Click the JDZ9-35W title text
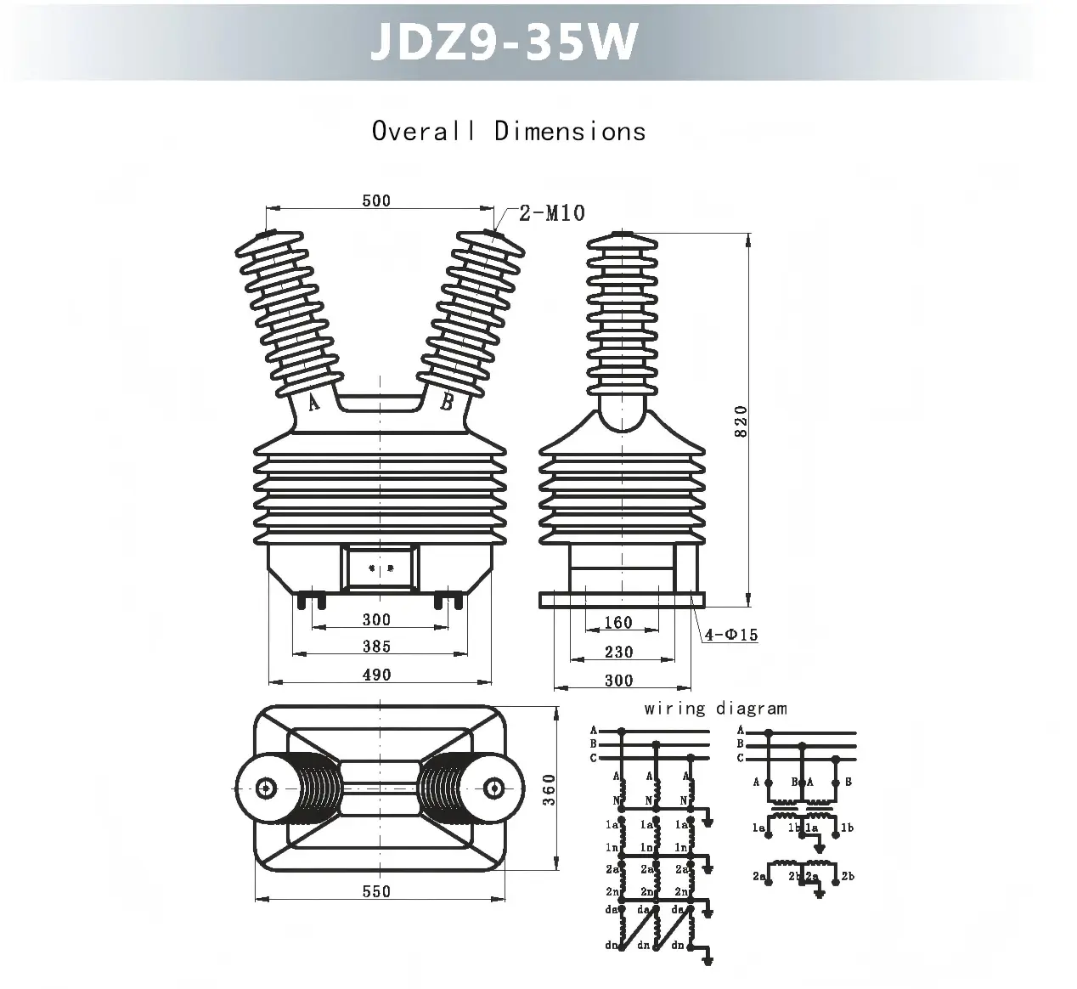[x=503, y=42]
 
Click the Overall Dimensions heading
[x=508, y=132]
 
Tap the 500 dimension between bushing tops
[x=376, y=201]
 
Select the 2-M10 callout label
[x=552, y=212]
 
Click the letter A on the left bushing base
[x=313, y=403]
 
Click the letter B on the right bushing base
[x=447, y=403]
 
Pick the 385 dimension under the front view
[x=376, y=647]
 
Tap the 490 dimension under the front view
[x=376, y=675]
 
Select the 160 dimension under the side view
[x=618, y=623]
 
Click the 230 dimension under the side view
[x=618, y=652]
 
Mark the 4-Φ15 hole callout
[x=731, y=635]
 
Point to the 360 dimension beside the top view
[x=549, y=790]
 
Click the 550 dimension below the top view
[x=376, y=891]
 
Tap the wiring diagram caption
[x=715, y=709]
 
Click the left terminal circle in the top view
[x=267, y=788]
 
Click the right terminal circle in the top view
[x=492, y=788]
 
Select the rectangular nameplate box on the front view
[x=380, y=568]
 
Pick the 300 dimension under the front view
[x=376, y=619]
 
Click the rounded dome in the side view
[x=623, y=417]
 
